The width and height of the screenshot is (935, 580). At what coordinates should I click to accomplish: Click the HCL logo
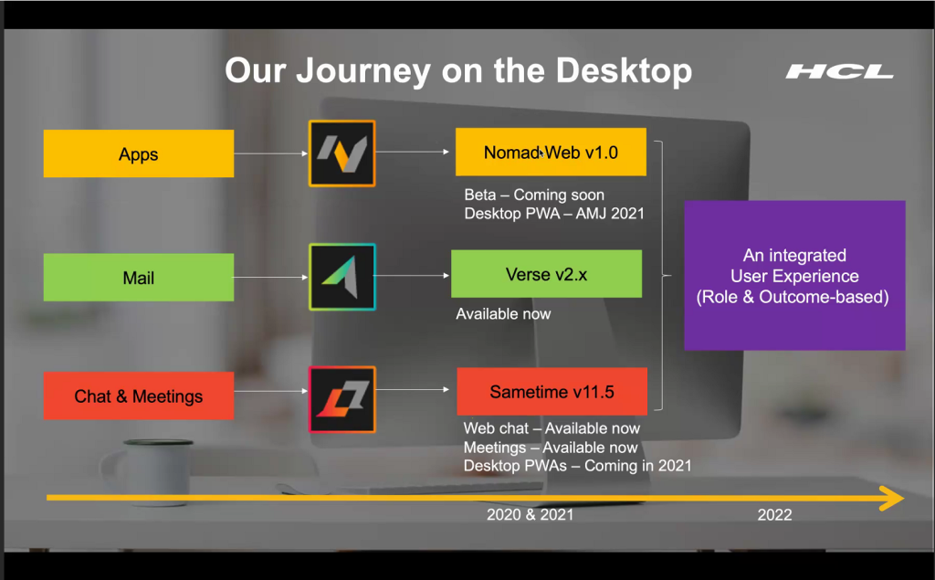(840, 72)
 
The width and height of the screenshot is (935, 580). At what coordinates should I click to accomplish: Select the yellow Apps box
(139, 153)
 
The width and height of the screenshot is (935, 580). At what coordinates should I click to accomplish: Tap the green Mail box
(139, 278)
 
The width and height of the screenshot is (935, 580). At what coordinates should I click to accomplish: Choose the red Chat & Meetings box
(139, 395)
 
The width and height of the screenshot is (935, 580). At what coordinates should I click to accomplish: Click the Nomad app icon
(341, 153)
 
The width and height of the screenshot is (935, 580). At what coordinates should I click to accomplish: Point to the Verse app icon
(341, 277)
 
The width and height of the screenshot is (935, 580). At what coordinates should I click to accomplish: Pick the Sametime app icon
(341, 399)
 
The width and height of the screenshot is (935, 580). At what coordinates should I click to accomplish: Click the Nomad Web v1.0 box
(551, 152)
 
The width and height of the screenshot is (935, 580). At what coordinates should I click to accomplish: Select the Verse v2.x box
(546, 274)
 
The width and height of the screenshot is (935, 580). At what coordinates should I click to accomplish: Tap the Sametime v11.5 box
(552, 392)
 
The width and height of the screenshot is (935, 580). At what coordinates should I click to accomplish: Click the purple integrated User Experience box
(794, 275)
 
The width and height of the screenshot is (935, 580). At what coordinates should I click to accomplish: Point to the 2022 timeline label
(774, 515)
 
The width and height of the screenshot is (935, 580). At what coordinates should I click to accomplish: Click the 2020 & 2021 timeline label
(531, 514)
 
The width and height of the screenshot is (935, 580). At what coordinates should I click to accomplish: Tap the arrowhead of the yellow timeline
(902, 498)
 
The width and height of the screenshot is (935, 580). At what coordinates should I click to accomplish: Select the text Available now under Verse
(503, 314)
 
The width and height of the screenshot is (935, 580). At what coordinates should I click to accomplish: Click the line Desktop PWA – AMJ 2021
(554, 214)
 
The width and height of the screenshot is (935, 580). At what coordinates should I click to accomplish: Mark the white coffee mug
(149, 472)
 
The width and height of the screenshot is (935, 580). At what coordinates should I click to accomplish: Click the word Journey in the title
(363, 71)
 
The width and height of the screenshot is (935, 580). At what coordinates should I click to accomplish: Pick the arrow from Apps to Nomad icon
(270, 153)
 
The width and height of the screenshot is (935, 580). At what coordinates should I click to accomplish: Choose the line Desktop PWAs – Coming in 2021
(578, 466)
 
